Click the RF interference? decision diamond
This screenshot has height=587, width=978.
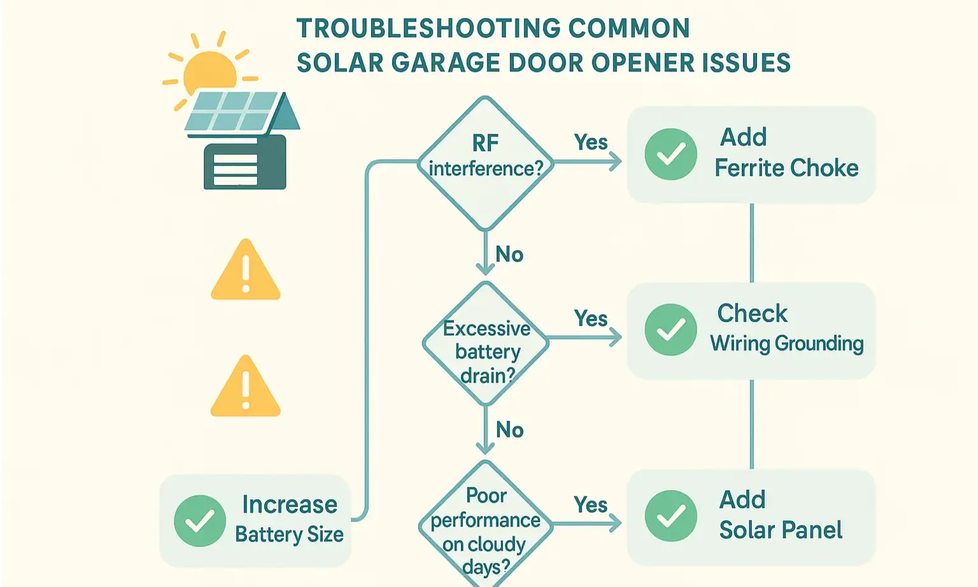click(485, 163)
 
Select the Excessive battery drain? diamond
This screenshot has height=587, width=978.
click(486, 344)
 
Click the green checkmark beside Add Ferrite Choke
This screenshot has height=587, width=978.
click(670, 154)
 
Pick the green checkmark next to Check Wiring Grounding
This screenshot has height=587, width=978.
click(670, 330)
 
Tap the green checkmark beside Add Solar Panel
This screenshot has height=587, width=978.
click(670, 516)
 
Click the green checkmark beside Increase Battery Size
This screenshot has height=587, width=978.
click(200, 521)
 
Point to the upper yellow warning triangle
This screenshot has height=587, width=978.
click(246, 272)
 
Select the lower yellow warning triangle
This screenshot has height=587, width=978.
click(246, 388)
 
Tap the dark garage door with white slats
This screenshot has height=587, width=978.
click(244, 164)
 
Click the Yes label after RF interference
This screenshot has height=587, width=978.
click(591, 142)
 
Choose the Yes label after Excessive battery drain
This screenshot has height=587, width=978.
click(591, 318)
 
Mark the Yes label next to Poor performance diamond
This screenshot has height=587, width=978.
click(591, 505)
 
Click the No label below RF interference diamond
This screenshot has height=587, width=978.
click(509, 254)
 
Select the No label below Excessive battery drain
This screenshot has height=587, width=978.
click(509, 430)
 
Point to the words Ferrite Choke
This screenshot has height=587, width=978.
click(786, 168)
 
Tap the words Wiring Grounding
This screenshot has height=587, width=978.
click(787, 344)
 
